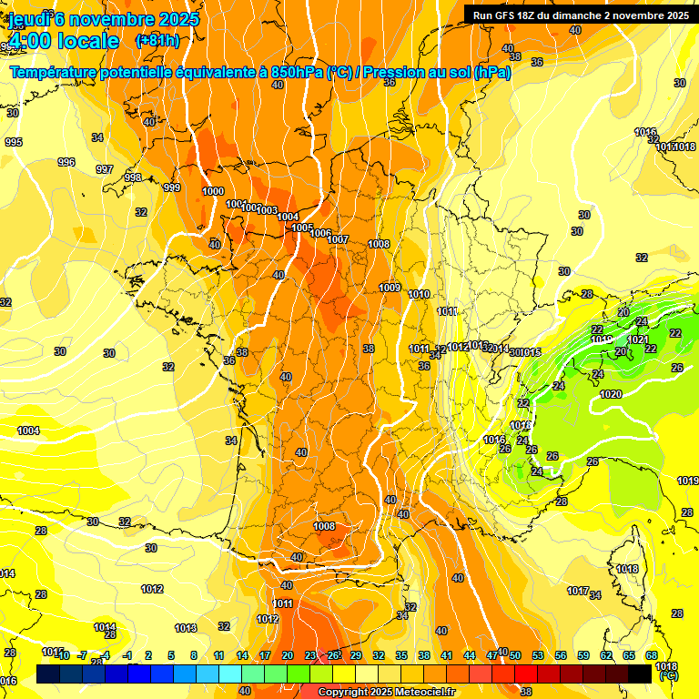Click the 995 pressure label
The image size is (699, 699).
coord(13,143)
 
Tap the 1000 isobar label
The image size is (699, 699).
coord(213,191)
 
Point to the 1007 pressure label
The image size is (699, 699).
coord(338,240)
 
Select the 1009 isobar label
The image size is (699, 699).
coord(390,289)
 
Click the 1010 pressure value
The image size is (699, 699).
coord(419,295)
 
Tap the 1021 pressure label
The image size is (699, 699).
coord(638,340)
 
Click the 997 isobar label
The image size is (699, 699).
coord(105,170)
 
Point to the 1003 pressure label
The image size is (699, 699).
coord(267,211)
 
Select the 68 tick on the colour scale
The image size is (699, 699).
coord(652,655)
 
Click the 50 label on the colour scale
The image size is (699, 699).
coord(515,655)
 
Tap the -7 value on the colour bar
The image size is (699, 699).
coord(82,655)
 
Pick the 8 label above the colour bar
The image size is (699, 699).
coord(194,655)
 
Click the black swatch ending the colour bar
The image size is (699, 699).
coord(641,674)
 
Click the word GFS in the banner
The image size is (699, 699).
coord(507,15)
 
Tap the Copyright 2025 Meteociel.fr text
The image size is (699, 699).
coord(386,693)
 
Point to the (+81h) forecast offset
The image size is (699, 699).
coord(157,40)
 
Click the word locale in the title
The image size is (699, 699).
coord(88,40)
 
